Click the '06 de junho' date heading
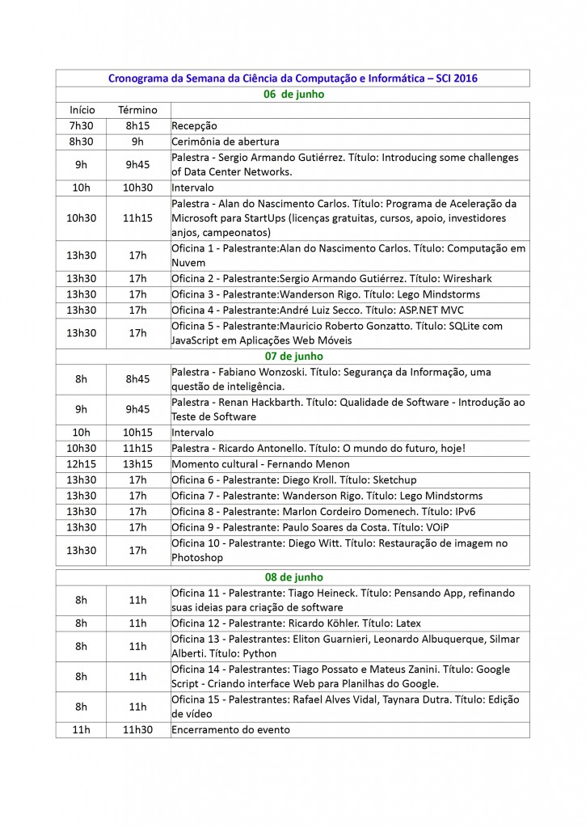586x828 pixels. [x=293, y=94]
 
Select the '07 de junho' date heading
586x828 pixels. [x=293, y=356]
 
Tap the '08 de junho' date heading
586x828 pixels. [x=293, y=577]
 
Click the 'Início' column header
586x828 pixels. [x=82, y=110]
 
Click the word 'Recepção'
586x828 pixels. [x=195, y=126]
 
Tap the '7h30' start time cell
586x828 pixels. [x=82, y=126]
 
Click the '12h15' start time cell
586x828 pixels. [x=82, y=464]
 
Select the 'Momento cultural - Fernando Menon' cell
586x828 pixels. [x=261, y=464]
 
